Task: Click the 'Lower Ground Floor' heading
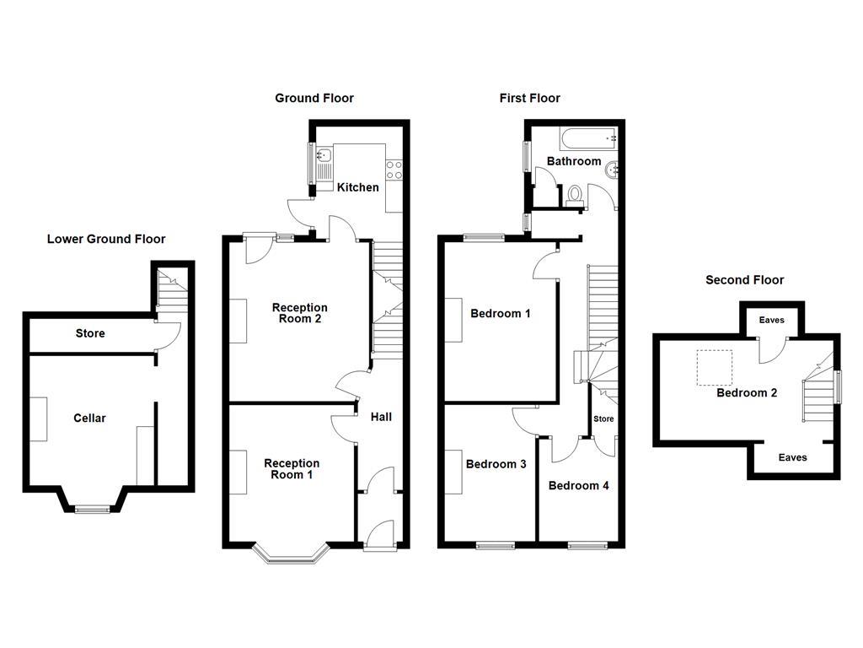(106, 239)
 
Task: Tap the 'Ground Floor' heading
(314, 98)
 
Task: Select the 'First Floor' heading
(529, 98)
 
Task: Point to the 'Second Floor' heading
(744, 279)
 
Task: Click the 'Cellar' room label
(89, 418)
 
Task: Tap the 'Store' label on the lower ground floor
(90, 333)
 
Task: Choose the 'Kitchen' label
(358, 186)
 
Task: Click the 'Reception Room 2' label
(299, 313)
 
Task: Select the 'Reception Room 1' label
(292, 468)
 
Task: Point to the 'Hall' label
(381, 416)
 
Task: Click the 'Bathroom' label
(574, 161)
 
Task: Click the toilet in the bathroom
(576, 194)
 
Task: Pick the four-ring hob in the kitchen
(394, 169)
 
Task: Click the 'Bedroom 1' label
(500, 314)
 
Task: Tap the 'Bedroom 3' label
(496, 464)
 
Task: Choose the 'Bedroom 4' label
(578, 485)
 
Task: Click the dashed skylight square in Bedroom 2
(714, 368)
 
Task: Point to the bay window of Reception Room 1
(292, 555)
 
